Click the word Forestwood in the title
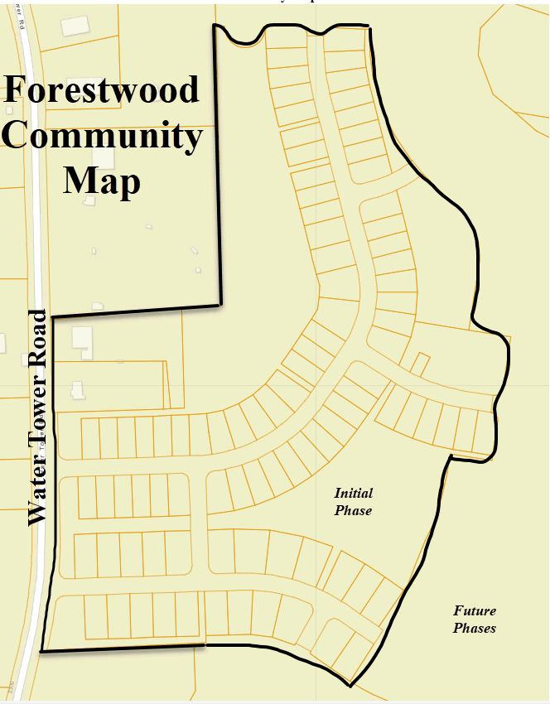point(102,89)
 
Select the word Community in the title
point(102,136)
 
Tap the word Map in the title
point(102,181)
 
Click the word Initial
point(353,494)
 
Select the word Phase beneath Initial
point(353,511)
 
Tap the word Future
point(475,611)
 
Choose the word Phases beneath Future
point(475,629)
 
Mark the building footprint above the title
point(75,26)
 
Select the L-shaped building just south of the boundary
point(82,338)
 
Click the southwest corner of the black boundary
point(41,652)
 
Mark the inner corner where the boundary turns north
point(220,304)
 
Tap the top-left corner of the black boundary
point(215,26)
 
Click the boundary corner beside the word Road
point(52,316)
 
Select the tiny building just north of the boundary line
point(97,306)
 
